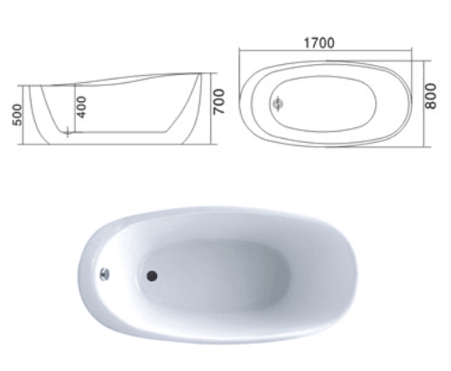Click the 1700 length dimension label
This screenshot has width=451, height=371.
tap(319, 43)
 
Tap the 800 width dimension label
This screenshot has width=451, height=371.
tap(430, 97)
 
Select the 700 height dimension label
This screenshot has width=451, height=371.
tap(219, 102)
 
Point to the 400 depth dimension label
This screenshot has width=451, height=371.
tap(81, 107)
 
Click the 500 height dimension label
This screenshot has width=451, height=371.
tap(17, 115)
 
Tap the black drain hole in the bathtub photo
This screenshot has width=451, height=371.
tap(152, 276)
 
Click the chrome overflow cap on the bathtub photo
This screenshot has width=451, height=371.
tap(105, 274)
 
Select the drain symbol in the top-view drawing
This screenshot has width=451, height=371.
tap(278, 104)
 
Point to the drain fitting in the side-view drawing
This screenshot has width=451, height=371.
tap(68, 132)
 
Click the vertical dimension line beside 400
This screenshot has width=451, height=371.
tap(75, 107)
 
